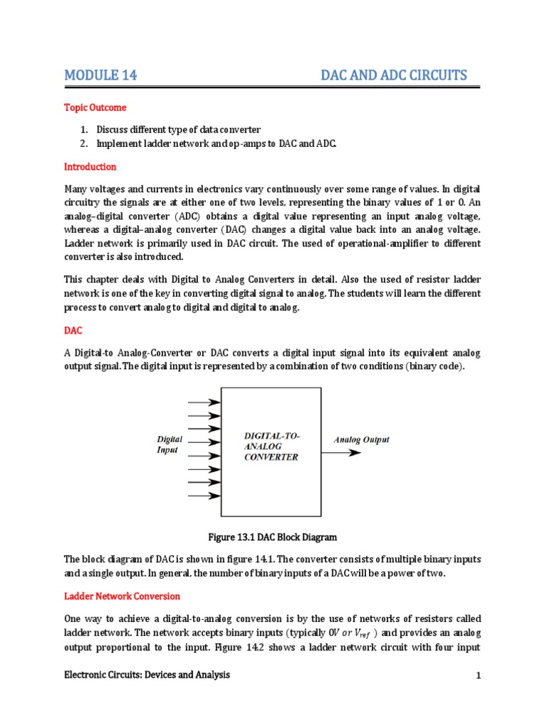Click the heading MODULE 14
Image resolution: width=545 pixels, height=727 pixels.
coord(100,75)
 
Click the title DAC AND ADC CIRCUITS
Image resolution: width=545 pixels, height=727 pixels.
coord(394,75)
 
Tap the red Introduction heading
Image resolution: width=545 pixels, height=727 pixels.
coord(90,167)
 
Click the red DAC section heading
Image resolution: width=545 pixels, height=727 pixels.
coord(74,332)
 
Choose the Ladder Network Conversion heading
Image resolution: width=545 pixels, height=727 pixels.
coord(122,596)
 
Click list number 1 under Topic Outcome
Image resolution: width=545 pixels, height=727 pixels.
coord(82,129)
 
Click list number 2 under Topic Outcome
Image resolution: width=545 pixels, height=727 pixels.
coord(82,144)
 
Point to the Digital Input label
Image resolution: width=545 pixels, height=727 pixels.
coord(170,445)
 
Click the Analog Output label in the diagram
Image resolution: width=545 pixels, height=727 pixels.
coord(361,440)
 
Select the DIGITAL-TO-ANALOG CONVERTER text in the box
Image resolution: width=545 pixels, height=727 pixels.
coord(272,447)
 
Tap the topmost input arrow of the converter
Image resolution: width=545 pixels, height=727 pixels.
coord(204,402)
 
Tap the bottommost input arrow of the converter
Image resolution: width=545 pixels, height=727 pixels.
coord(204,497)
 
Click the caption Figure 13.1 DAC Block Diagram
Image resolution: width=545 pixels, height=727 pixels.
coord(272,537)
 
